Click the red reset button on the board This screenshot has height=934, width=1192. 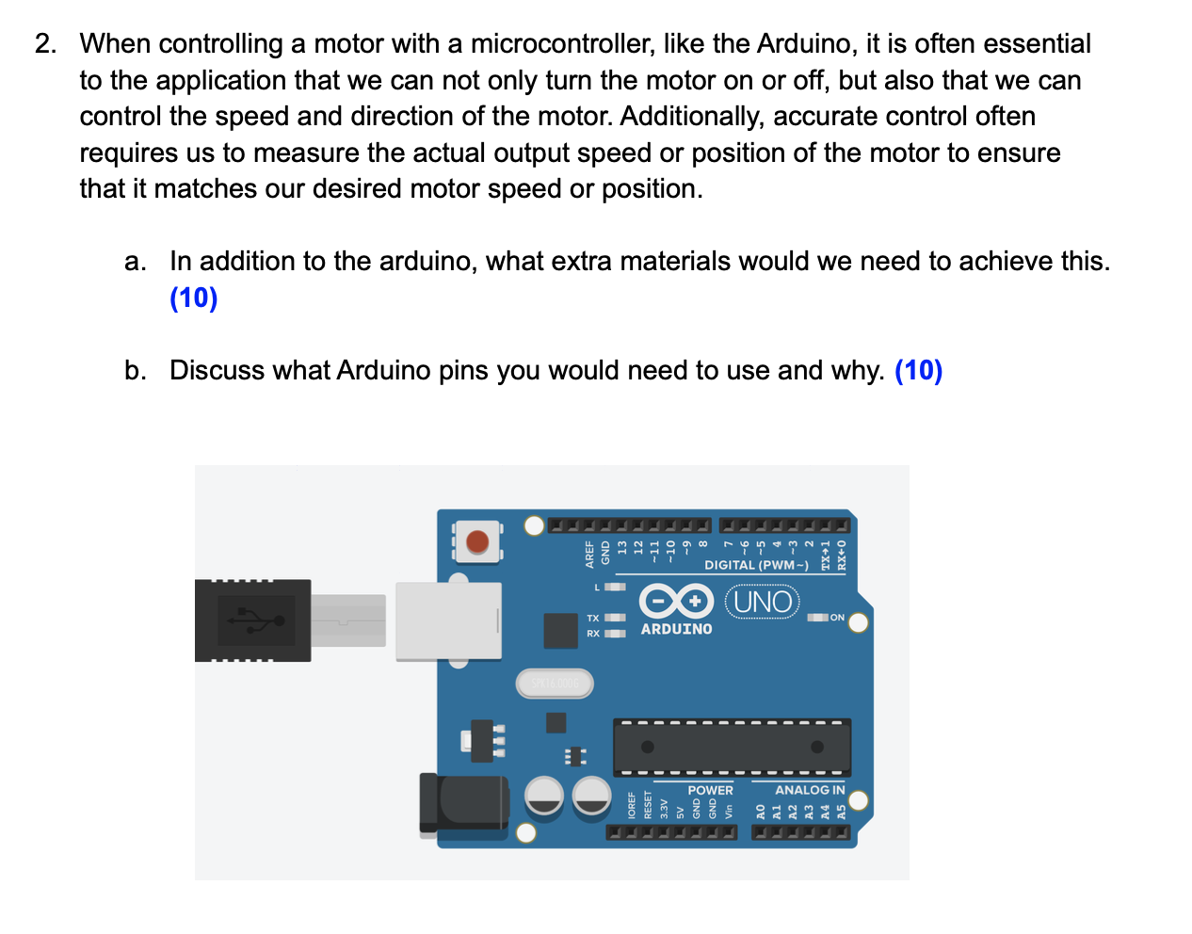[478, 542]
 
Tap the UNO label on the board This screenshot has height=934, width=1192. [763, 601]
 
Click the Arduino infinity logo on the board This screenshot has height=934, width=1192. [676, 601]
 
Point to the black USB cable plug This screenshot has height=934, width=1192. [252, 620]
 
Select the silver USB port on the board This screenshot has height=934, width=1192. [448, 620]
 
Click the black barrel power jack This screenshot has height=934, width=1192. [463, 805]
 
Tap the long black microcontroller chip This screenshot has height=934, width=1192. [732, 748]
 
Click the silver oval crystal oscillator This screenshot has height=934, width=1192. [555, 684]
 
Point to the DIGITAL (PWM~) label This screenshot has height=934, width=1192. [756, 565]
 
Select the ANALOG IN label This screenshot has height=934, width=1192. [810, 790]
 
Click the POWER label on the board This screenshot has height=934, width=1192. [710, 790]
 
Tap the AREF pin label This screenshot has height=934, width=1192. [590, 554]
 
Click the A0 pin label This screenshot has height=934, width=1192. [761, 812]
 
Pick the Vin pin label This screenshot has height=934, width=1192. [729, 810]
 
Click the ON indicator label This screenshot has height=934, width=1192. [837, 618]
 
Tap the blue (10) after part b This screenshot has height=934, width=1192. [918, 370]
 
